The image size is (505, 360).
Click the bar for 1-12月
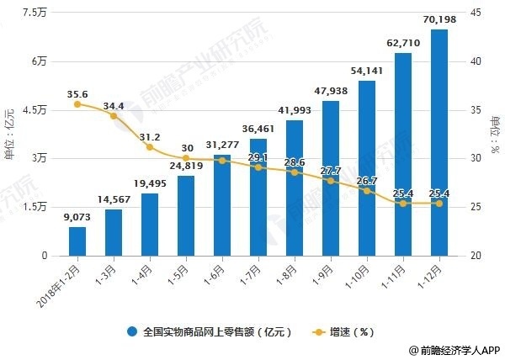439,143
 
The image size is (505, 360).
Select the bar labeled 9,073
77,241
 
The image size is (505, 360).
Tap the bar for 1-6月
222,206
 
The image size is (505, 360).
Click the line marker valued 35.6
77,104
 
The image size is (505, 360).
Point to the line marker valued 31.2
150,147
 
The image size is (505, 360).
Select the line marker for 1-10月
367,191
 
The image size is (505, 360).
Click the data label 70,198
439,19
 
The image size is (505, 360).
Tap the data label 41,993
295,110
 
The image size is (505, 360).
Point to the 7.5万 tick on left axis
35,13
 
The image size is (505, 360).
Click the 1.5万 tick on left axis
35,207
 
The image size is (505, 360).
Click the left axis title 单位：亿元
10,134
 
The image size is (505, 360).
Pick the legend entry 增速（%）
353,331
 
